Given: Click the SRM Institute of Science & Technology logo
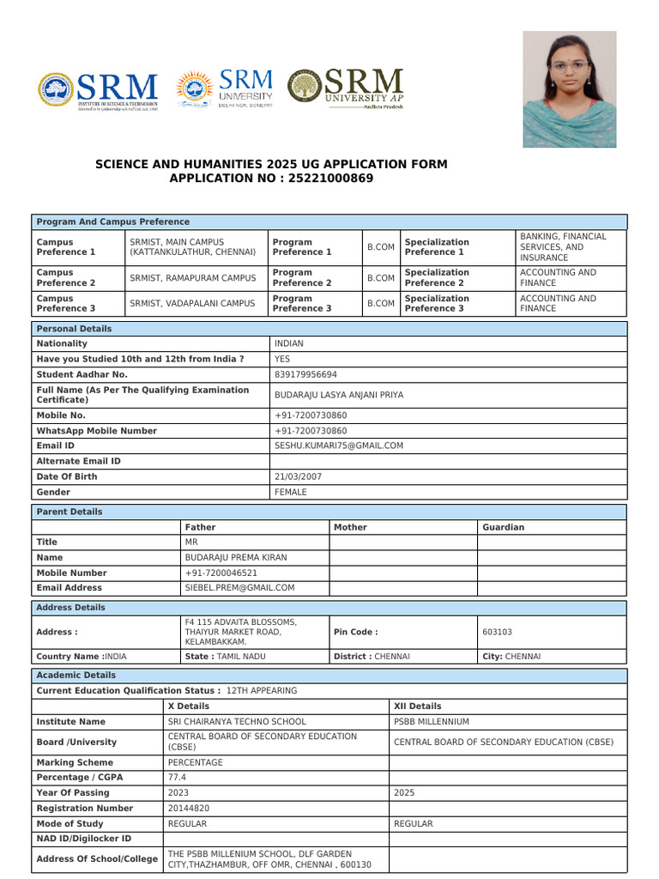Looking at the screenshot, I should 98,91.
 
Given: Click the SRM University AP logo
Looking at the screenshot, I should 345,89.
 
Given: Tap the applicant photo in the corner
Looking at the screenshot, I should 569,89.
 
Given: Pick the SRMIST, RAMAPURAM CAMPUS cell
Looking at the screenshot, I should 193,278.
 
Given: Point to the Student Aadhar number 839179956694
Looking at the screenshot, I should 305,374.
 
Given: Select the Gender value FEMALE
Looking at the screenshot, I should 291,493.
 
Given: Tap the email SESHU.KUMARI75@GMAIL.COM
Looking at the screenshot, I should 338,446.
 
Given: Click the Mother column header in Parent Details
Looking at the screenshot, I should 350,527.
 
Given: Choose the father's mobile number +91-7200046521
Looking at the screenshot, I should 221,573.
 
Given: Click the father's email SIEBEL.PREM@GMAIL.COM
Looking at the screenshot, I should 239,588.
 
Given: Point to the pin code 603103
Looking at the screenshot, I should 498,632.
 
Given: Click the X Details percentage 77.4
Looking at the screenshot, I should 177,777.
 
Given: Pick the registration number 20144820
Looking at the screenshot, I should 187,808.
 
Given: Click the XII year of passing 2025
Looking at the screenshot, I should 403,792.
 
